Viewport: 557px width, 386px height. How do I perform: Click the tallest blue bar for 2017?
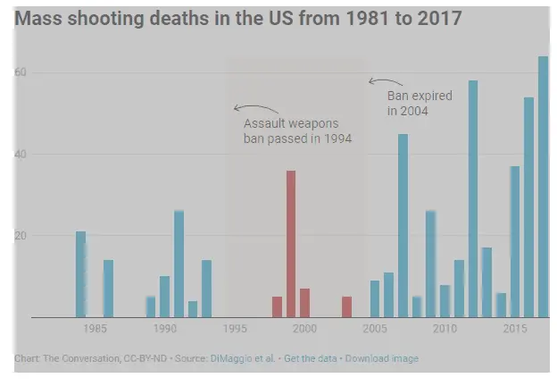click(543, 187)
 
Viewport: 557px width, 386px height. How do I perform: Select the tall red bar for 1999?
click(291, 244)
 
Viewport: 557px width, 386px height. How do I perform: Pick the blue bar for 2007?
click(403, 225)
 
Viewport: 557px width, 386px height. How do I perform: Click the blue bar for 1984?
click(81, 274)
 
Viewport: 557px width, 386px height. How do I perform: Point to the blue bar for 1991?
click(179, 264)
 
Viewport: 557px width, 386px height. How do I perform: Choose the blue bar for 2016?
click(528, 207)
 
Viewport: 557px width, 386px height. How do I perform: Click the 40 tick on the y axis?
click(21, 154)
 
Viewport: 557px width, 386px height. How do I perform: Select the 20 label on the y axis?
click(21, 235)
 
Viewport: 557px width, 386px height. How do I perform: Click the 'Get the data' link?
click(310, 358)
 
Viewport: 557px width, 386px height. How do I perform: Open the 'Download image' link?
click(381, 358)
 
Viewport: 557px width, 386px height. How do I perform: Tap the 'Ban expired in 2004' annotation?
click(420, 103)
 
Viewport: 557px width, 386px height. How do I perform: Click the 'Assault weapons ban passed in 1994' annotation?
click(297, 131)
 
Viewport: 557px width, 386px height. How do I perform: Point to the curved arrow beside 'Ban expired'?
click(377, 82)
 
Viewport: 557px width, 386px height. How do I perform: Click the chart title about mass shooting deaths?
click(238, 17)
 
